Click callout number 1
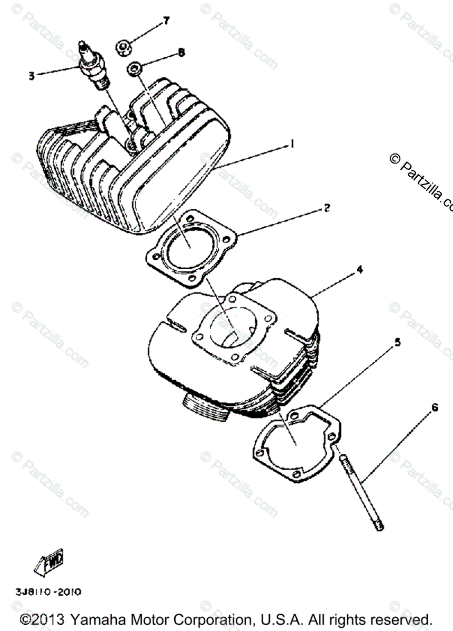[293, 143]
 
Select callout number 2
[326, 208]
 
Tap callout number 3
[32, 76]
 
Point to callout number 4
[359, 269]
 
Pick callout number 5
[398, 342]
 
